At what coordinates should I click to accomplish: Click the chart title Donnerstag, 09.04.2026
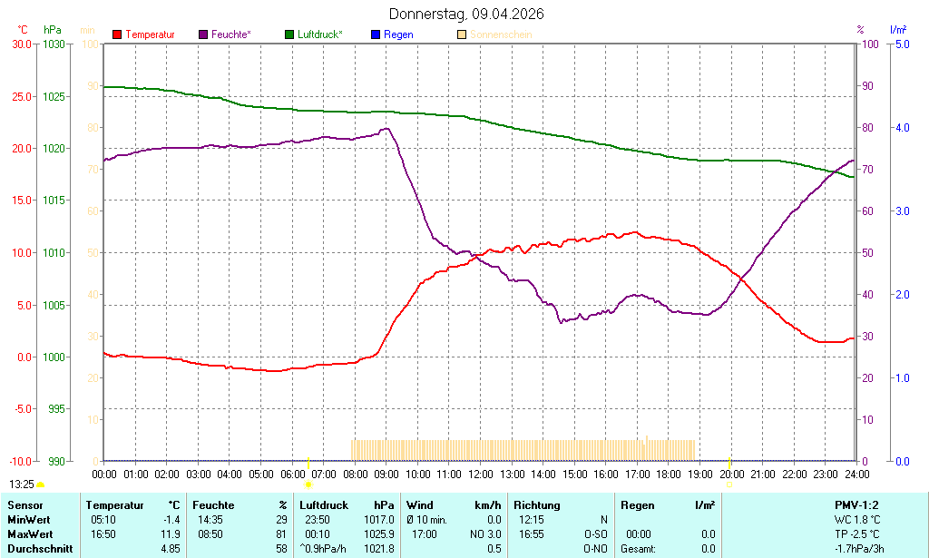(467, 14)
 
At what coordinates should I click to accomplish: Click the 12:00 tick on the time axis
(480, 474)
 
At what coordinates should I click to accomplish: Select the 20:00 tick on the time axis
(731, 474)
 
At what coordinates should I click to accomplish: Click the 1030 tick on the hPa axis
(54, 44)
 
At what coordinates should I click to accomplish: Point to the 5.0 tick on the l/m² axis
(903, 44)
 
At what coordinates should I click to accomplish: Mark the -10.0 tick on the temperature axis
(20, 461)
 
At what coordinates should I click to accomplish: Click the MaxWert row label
(28, 534)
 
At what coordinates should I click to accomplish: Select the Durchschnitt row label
(37, 549)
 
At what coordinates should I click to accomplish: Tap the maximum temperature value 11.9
(170, 534)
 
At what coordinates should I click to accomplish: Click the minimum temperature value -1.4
(170, 520)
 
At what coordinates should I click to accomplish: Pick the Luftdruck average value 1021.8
(379, 549)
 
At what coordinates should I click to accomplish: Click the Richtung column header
(537, 505)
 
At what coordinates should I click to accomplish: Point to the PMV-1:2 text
(856, 505)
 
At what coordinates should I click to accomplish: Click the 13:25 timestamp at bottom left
(22, 485)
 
